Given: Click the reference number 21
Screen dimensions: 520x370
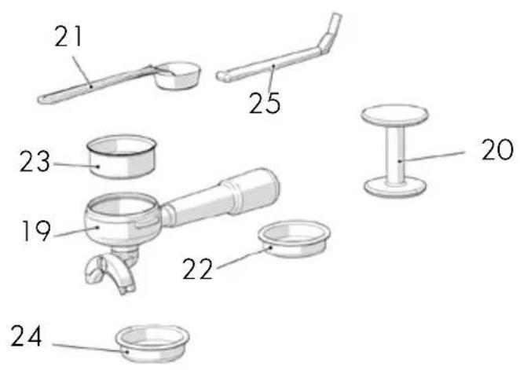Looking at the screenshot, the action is click(68, 36).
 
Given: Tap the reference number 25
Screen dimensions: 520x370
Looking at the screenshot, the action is click(265, 103).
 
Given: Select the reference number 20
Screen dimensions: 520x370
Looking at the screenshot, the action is click(497, 150).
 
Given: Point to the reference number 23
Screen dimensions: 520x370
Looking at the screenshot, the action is click(35, 162).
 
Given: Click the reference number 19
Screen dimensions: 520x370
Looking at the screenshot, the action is click(36, 231).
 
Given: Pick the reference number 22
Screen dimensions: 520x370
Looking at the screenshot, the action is click(198, 269).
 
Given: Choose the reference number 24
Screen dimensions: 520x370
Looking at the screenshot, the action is click(27, 336).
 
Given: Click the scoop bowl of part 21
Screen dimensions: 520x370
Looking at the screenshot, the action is click(178, 75).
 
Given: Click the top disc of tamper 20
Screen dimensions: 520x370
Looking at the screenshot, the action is click(394, 115).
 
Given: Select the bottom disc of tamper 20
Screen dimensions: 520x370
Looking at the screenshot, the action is click(394, 187).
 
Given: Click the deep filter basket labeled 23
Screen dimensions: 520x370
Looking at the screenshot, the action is click(122, 156).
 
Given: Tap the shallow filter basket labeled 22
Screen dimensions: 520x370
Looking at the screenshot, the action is click(294, 239).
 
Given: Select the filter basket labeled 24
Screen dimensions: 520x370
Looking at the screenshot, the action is click(152, 344).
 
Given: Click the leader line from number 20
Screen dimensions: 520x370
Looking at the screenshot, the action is click(433, 156).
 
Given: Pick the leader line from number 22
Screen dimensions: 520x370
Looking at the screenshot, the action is click(244, 258).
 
